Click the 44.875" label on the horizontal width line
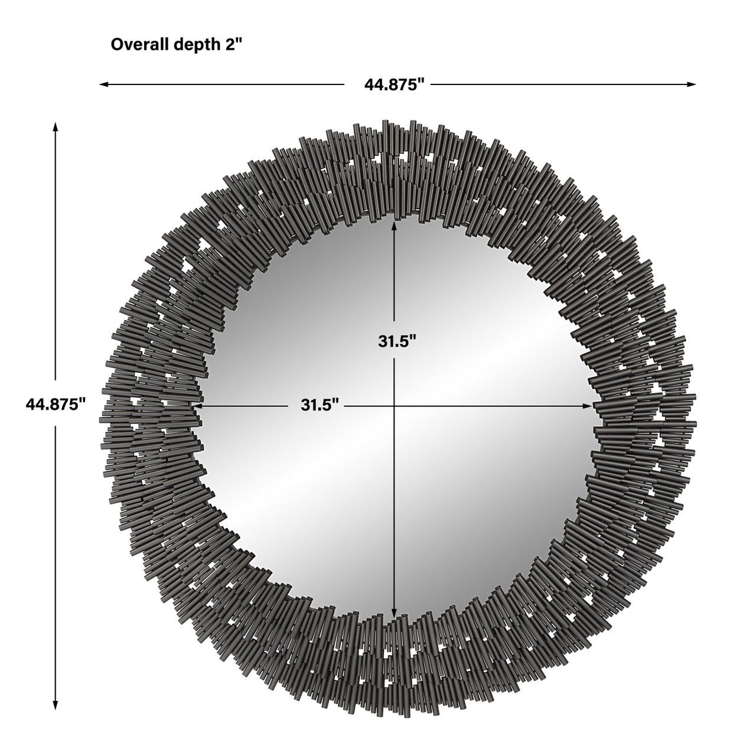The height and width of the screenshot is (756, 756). click(395, 84)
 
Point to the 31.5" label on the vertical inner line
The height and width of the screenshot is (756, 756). click(397, 341)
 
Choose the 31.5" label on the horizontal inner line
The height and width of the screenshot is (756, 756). click(320, 405)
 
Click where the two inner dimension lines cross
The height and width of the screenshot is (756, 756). click(394, 406)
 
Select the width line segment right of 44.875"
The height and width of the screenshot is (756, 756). click(561, 84)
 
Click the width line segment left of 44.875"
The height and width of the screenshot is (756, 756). click(224, 84)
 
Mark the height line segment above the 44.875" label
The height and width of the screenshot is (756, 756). click(56, 254)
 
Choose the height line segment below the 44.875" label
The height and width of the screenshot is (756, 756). click(56, 561)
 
